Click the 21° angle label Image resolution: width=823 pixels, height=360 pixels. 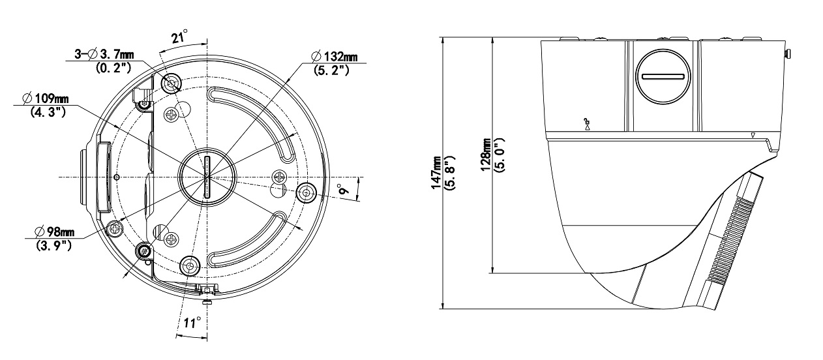pos(179,37)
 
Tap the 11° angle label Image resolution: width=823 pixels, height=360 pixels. pos(192,323)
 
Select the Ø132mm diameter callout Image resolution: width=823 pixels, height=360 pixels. pos(334,57)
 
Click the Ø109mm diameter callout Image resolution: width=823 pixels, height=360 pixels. pos(46,98)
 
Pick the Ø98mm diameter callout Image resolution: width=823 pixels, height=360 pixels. pos(54,232)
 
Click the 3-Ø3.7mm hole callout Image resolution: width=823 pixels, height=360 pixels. pos(104,55)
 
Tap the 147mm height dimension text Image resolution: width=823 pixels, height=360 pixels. pos(436,173)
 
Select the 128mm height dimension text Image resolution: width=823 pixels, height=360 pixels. pos(485,155)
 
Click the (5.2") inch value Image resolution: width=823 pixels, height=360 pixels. pos(331,70)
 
